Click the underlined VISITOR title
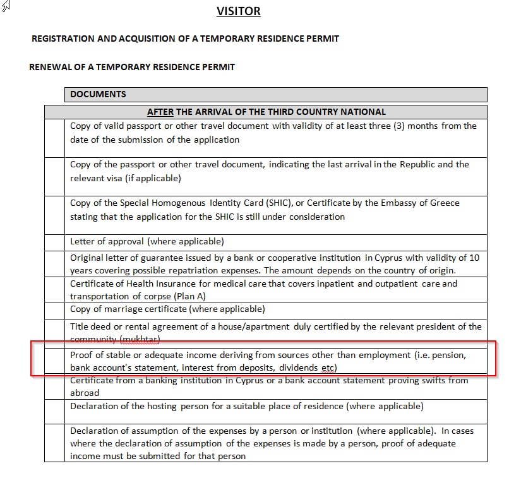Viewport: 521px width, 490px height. click(x=238, y=11)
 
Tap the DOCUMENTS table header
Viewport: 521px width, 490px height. click(x=98, y=94)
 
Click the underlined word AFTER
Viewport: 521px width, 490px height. click(x=160, y=112)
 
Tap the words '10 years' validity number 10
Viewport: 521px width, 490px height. click(x=474, y=258)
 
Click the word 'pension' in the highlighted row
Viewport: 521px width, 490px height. click(x=447, y=355)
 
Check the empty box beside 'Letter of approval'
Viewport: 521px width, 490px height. click(x=54, y=242)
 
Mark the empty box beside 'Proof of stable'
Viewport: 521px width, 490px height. click(x=54, y=361)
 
